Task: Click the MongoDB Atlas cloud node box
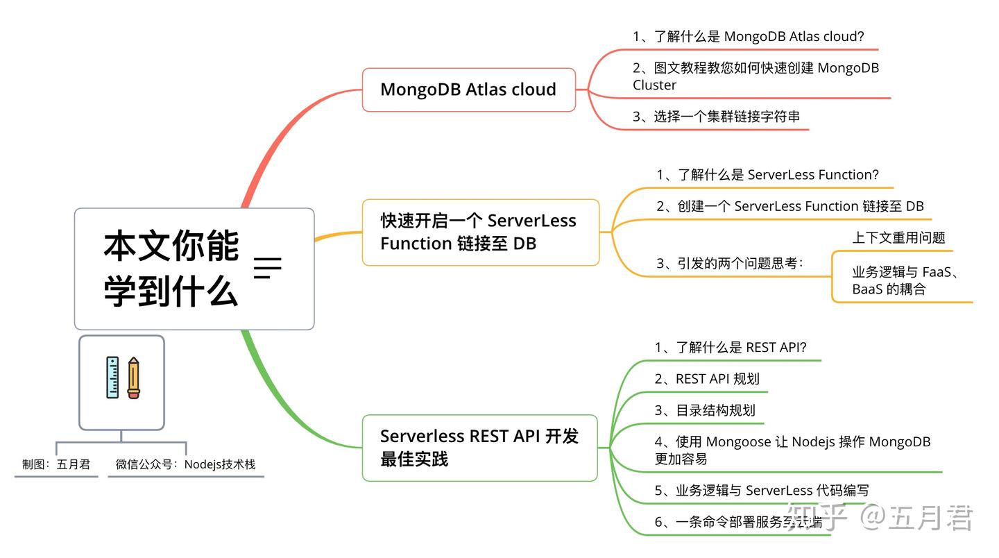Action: tap(468, 90)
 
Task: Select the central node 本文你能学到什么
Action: tap(194, 269)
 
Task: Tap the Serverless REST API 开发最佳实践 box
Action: tap(479, 448)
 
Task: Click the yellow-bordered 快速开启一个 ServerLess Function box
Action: tap(480, 232)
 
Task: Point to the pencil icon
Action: tap(133, 378)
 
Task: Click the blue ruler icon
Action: tap(112, 378)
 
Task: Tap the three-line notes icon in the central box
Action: tap(267, 268)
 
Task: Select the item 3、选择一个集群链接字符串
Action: tap(716, 117)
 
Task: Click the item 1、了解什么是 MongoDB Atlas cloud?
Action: tap(748, 37)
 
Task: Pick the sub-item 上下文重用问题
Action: tap(898, 238)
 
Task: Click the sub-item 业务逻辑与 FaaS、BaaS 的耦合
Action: tap(905, 281)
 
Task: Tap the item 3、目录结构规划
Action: tap(704, 410)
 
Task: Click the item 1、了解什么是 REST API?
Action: tap(731, 348)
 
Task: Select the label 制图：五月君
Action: tap(56, 464)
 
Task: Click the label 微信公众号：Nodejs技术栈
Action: tap(185, 464)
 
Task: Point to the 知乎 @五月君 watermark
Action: tap(881, 518)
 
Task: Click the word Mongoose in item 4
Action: tap(739, 442)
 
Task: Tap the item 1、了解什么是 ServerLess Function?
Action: tap(767, 175)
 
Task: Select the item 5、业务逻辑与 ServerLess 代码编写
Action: tap(761, 491)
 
